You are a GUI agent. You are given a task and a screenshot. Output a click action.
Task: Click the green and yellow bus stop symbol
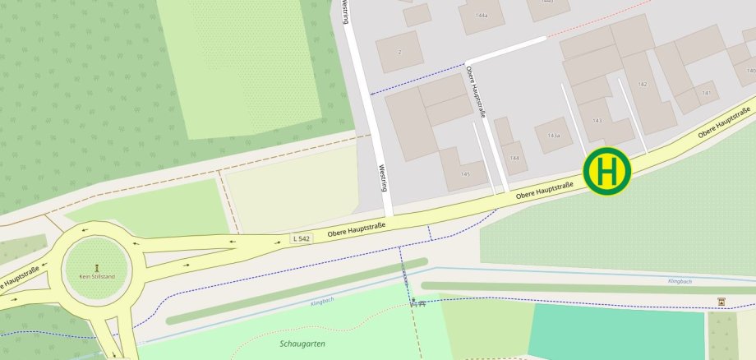click(607, 172)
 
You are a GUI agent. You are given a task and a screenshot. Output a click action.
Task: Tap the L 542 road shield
click(302, 238)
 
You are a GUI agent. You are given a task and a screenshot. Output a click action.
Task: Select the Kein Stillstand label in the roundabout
click(97, 277)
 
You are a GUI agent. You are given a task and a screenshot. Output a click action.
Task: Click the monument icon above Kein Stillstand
click(97, 267)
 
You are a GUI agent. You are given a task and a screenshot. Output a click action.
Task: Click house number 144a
click(481, 16)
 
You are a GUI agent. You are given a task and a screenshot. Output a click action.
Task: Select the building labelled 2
click(399, 52)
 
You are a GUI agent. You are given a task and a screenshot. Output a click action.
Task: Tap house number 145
click(465, 174)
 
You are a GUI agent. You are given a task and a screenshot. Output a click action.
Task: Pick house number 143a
click(554, 135)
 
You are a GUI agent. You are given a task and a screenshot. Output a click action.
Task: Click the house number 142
click(643, 85)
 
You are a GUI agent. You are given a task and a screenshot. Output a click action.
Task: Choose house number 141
click(706, 93)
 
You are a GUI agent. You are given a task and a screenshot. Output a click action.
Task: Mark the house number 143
click(597, 121)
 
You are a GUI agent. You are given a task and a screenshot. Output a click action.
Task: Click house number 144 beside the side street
click(515, 157)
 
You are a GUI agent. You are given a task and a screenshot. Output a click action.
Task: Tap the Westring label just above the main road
click(382, 176)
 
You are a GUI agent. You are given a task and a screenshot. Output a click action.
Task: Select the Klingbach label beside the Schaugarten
click(322, 302)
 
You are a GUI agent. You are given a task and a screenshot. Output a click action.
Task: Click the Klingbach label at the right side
click(680, 281)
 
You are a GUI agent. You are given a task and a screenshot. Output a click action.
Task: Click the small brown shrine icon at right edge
click(721, 302)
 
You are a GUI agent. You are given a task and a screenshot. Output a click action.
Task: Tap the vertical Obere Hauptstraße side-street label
click(476, 92)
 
